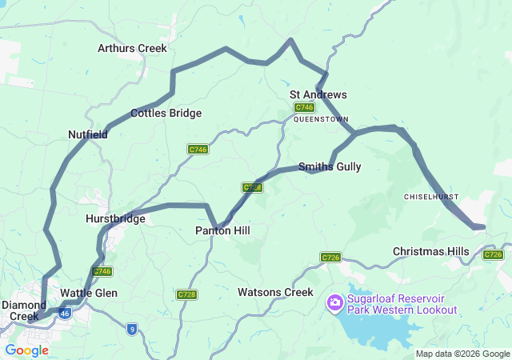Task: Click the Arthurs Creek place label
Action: [132, 48]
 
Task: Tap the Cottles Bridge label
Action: [166, 113]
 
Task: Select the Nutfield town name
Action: [88, 134]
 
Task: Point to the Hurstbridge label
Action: [115, 218]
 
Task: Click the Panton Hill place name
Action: [222, 230]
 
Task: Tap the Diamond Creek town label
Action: [24, 310]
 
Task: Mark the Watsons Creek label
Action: [275, 292]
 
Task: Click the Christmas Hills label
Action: [430, 251]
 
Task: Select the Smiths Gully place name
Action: [330, 167]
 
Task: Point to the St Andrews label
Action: [318, 94]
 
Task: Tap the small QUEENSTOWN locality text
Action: [318, 118]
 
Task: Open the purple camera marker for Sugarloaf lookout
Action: [335, 302]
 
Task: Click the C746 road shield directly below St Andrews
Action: [304, 107]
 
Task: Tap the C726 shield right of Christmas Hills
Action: [494, 254]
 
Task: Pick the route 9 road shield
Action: [130, 328]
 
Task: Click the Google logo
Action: [26, 350]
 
